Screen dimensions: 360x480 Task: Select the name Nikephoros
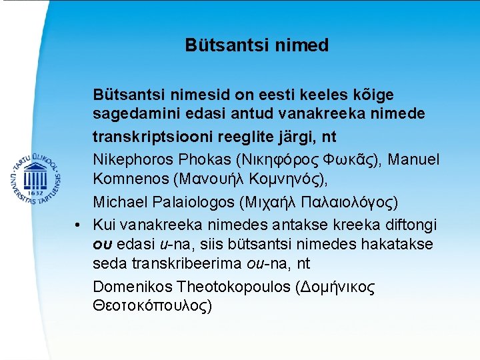click(x=130, y=160)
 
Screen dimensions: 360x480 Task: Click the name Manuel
click(x=413, y=160)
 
